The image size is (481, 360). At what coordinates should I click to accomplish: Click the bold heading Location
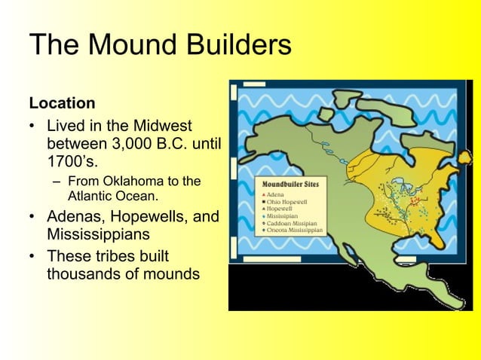click(x=62, y=102)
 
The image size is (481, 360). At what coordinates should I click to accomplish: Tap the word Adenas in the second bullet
click(x=75, y=218)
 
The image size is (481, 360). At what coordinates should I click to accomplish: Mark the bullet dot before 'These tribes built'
click(x=32, y=255)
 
